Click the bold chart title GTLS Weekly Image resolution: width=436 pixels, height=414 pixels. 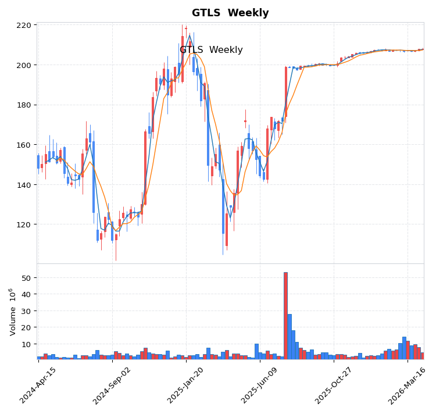pos(230,13)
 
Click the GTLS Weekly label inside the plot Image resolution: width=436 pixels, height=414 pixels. pos(211,51)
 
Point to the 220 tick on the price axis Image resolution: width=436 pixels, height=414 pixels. pos(24,26)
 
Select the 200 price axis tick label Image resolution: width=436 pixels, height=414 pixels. pos(24,65)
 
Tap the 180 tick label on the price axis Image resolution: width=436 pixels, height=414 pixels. pos(24,105)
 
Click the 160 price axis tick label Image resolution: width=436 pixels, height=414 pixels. pos(24,145)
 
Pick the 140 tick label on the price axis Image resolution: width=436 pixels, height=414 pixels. pos(24,185)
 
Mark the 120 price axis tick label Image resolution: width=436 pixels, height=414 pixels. pos(24,224)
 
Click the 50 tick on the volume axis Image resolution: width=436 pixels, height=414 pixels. pos(26,278)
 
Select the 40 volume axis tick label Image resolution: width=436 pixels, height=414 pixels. pos(26,295)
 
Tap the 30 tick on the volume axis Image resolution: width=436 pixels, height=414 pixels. pos(26,311)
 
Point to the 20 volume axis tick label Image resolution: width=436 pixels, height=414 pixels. pos(26,328)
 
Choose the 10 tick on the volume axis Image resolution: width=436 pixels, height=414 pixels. pos(26,344)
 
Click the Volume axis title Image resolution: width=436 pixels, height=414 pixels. pos(12,312)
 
